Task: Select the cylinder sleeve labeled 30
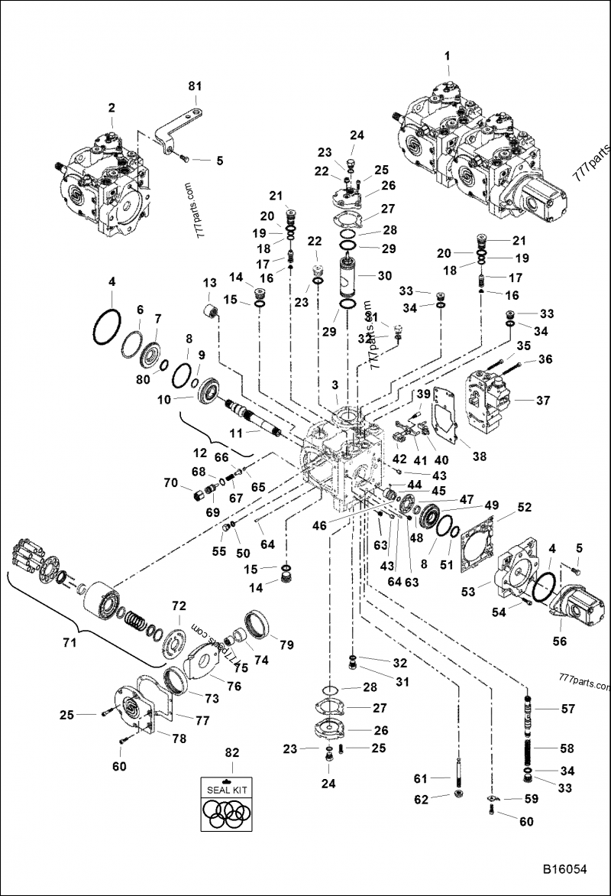pos(351,278)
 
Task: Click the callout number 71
pos(70,643)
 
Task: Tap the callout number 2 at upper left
pos(112,108)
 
